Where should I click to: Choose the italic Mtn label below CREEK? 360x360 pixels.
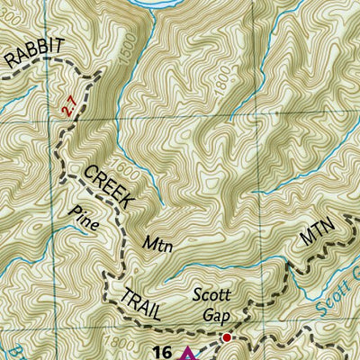(x=157, y=243)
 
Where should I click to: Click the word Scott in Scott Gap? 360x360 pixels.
(x=212, y=298)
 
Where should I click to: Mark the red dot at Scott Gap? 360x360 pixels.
(x=227, y=338)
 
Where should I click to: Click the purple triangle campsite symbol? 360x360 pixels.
(x=187, y=353)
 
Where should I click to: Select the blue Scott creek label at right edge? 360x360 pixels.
(x=346, y=296)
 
